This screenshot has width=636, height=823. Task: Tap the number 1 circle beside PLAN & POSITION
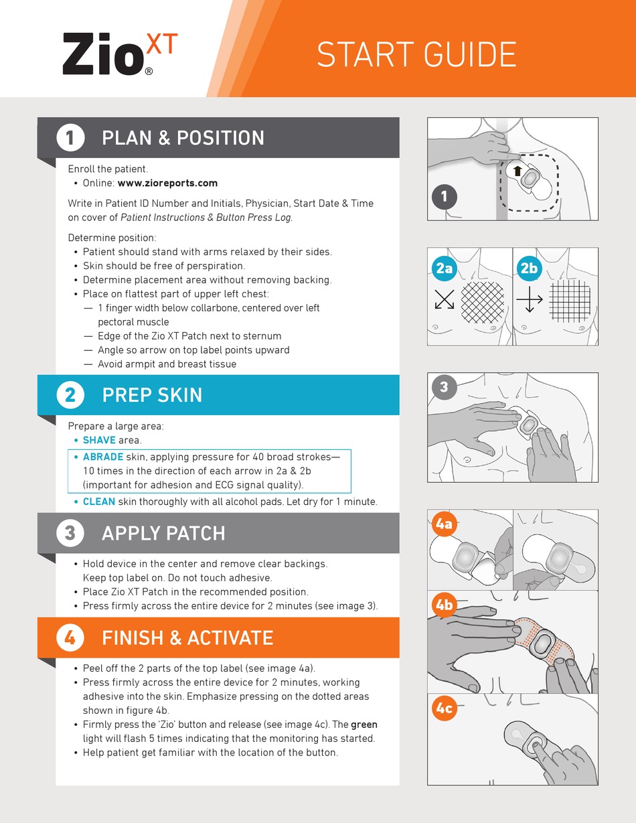click(x=70, y=138)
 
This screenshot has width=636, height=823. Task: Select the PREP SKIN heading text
click(x=152, y=395)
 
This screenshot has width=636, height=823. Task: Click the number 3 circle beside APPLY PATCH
click(x=70, y=533)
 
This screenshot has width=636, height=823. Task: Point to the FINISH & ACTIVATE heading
click(x=187, y=638)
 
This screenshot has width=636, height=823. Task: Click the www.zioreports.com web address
click(x=167, y=183)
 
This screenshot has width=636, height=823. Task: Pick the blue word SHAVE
click(x=99, y=440)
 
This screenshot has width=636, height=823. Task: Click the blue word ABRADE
click(x=102, y=457)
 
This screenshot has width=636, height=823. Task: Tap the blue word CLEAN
click(x=98, y=501)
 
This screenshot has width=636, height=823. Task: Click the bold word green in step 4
click(x=364, y=724)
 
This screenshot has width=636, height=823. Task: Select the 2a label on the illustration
click(x=444, y=269)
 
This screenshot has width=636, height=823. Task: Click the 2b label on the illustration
click(x=529, y=269)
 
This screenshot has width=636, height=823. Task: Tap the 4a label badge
click(x=444, y=524)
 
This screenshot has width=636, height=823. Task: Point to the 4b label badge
click(x=444, y=605)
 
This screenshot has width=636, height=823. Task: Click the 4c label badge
click(x=444, y=708)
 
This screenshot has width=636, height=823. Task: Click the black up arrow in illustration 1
click(x=518, y=171)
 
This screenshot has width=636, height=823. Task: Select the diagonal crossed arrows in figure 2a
click(x=445, y=299)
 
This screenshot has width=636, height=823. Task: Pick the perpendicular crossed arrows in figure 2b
click(x=530, y=299)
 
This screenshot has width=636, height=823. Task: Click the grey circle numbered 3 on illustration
click(x=443, y=386)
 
